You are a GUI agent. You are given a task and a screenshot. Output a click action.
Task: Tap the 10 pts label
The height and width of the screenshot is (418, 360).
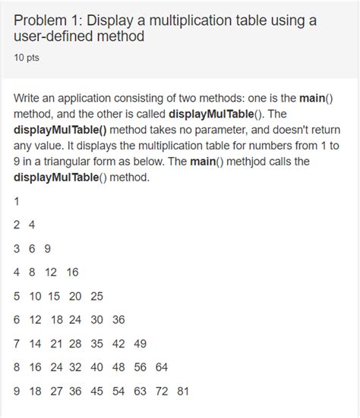coord(27,56)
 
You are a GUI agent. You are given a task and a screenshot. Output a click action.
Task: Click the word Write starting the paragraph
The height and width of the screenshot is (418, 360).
coord(29,99)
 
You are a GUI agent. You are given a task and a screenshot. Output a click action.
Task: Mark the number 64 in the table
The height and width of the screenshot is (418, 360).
coord(160,367)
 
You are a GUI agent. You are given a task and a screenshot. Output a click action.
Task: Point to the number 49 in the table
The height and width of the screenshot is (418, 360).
coord(140,344)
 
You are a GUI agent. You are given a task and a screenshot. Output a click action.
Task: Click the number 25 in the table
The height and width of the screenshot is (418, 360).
coord(96,296)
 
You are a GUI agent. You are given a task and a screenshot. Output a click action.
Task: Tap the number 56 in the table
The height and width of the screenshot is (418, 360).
coord(140,367)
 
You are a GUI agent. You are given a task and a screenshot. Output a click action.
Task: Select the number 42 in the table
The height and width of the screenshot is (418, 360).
coord(118,344)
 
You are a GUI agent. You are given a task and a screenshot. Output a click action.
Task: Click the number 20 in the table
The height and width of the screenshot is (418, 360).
coord(76,296)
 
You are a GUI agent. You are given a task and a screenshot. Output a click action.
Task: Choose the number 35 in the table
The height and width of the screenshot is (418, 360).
coord(96,344)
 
